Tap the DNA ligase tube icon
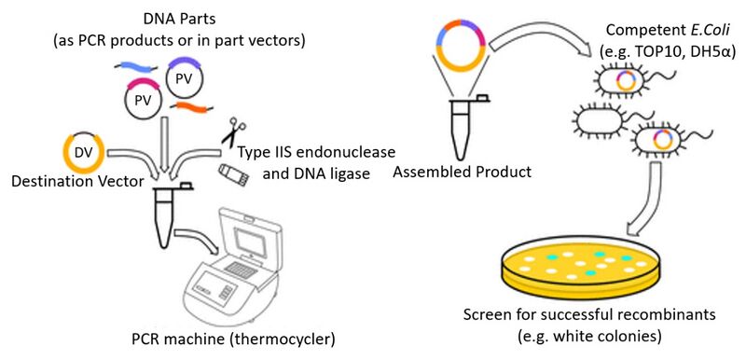(x=233, y=173)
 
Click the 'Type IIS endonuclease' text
(x=315, y=152)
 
